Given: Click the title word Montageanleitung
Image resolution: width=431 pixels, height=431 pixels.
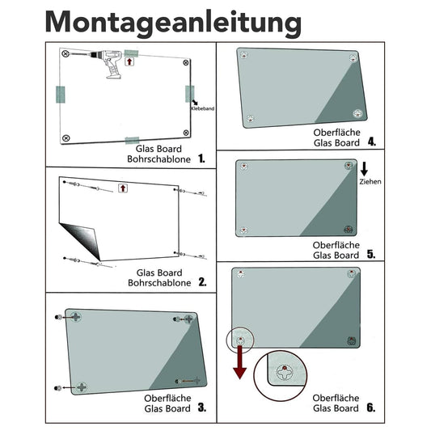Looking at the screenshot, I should (174, 22).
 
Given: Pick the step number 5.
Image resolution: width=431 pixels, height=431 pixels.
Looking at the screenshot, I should (370, 254).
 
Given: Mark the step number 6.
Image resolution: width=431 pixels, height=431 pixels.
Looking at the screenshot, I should (370, 408).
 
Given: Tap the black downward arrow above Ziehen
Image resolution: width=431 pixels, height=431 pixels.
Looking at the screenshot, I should (365, 168).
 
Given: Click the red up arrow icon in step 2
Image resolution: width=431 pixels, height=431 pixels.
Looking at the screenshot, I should (122, 188).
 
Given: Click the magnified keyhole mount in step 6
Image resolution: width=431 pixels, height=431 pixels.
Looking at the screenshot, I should (284, 374).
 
